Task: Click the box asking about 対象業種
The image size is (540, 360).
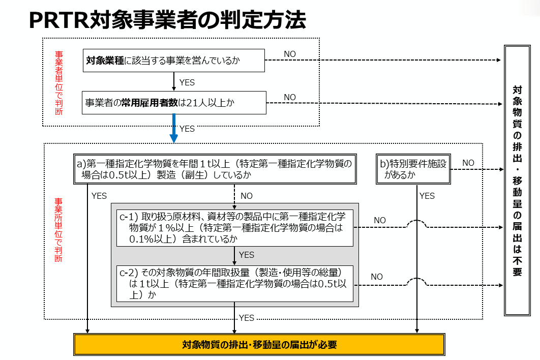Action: (173, 61)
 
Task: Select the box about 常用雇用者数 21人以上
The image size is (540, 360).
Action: (173, 103)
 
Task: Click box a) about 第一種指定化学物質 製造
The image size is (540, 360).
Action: (216, 169)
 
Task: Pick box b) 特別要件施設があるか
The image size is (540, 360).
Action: (413, 169)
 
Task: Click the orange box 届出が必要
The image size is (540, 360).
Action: (259, 345)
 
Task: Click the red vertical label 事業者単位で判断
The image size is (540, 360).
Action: (59, 83)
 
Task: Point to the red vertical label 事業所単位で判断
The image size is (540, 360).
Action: (59, 229)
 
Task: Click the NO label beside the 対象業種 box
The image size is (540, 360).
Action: (289, 54)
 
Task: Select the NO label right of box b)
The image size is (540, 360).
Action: (468, 163)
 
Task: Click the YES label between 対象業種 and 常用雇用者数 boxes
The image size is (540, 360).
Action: (187, 82)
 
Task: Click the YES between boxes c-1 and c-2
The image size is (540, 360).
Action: (246, 255)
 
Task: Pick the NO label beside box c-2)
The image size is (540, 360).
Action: (377, 277)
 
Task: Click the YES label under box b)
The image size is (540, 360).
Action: (427, 196)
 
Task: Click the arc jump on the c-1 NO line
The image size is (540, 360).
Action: (417, 224)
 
